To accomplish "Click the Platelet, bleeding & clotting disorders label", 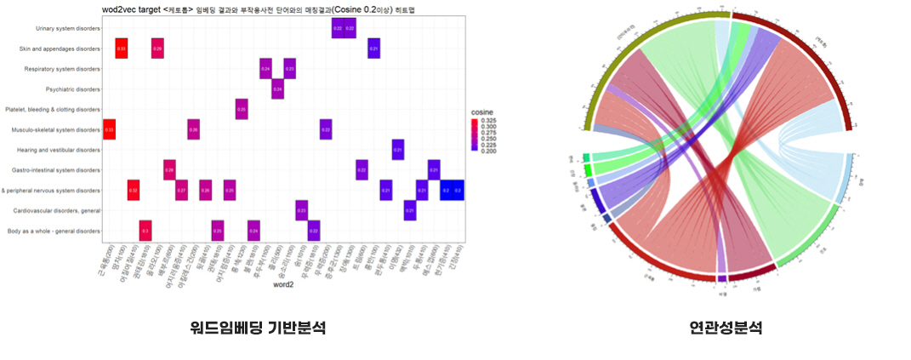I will pyautogui.click(x=52, y=109).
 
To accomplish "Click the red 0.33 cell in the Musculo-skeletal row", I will pyautogui.click(x=109, y=129).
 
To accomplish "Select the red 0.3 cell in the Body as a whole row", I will pyautogui.click(x=145, y=231).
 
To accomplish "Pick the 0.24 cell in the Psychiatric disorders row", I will pyautogui.click(x=277, y=89).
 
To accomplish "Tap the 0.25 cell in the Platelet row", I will pyautogui.click(x=242, y=109).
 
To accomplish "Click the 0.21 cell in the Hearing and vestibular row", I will pyautogui.click(x=397, y=150).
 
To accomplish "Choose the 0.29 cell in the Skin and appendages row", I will pyautogui.click(x=157, y=49).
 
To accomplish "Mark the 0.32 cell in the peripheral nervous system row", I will pyautogui.click(x=134, y=191).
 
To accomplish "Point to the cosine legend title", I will pyautogui.click(x=481, y=111).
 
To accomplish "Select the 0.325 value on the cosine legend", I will pyautogui.click(x=498, y=121).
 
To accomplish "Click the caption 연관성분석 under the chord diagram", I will pyautogui.click(x=726, y=327).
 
